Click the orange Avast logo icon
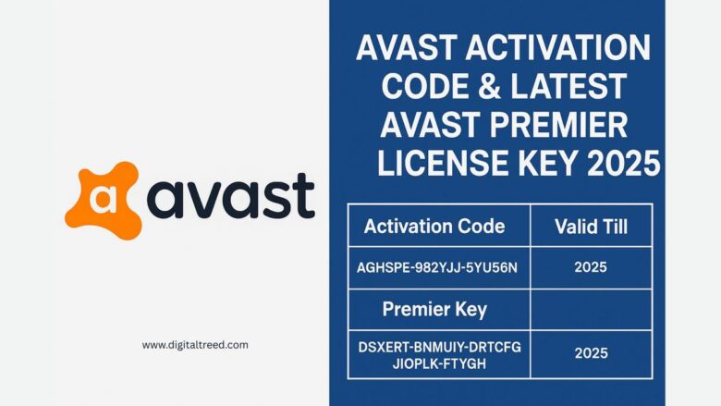pos(103,197)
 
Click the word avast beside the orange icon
pos(232,196)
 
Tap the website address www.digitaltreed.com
pos(195,345)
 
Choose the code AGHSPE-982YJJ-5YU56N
pos(437,268)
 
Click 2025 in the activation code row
pos(590,268)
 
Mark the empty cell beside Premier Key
pos(590,308)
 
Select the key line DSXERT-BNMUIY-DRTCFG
pos(439,347)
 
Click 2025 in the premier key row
pos(590,353)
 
